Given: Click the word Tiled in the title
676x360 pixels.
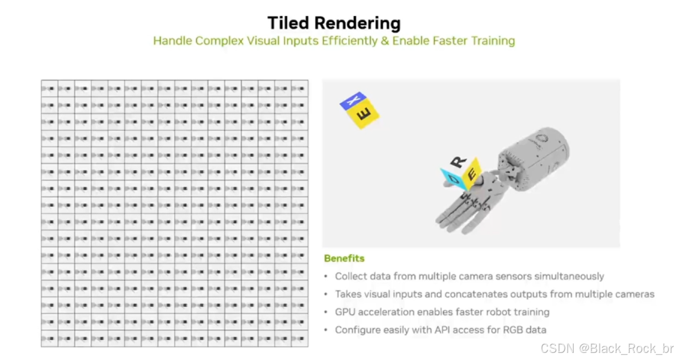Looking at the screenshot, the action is point(288,23).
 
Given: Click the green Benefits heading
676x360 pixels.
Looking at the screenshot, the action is point(344,258).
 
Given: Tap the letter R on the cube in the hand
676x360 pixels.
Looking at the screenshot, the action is point(459,161).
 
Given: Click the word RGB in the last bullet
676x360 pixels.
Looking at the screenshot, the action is point(511,329).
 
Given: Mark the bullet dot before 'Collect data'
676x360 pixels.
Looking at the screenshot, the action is point(326,277).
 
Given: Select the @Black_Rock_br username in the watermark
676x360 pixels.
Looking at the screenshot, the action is point(626,348).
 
